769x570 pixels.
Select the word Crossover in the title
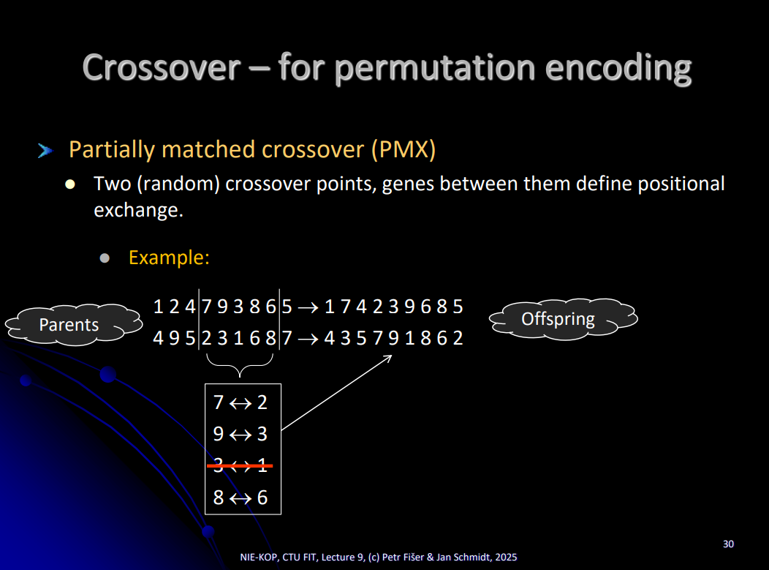tap(162, 67)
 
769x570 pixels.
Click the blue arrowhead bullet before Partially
tap(45, 151)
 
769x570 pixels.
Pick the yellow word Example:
tap(169, 258)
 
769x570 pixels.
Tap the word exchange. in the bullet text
tap(138, 210)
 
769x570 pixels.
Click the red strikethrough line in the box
tap(240, 465)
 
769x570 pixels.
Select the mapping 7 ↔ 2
tap(240, 402)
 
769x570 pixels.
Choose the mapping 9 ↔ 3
tap(240, 434)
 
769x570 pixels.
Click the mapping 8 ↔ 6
tap(240, 498)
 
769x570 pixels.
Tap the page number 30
tap(728, 544)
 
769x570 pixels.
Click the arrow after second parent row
tap(308, 340)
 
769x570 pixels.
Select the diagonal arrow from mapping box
tap(337, 393)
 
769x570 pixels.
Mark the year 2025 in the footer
tap(506, 558)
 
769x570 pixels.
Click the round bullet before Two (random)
tap(70, 184)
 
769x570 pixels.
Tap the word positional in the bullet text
tap(681, 184)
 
